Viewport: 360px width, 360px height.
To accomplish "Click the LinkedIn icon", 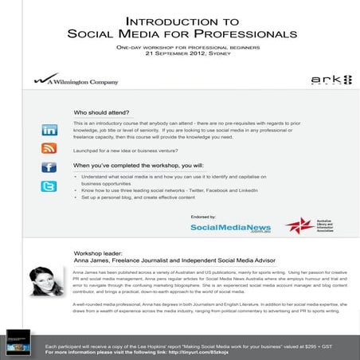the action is coord(49,130).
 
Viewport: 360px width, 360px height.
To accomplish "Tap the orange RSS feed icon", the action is coord(49,148).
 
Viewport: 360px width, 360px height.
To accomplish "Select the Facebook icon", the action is coord(49,167).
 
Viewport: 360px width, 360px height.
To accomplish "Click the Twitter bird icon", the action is coord(49,186).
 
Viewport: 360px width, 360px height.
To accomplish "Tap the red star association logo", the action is coord(297,225).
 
